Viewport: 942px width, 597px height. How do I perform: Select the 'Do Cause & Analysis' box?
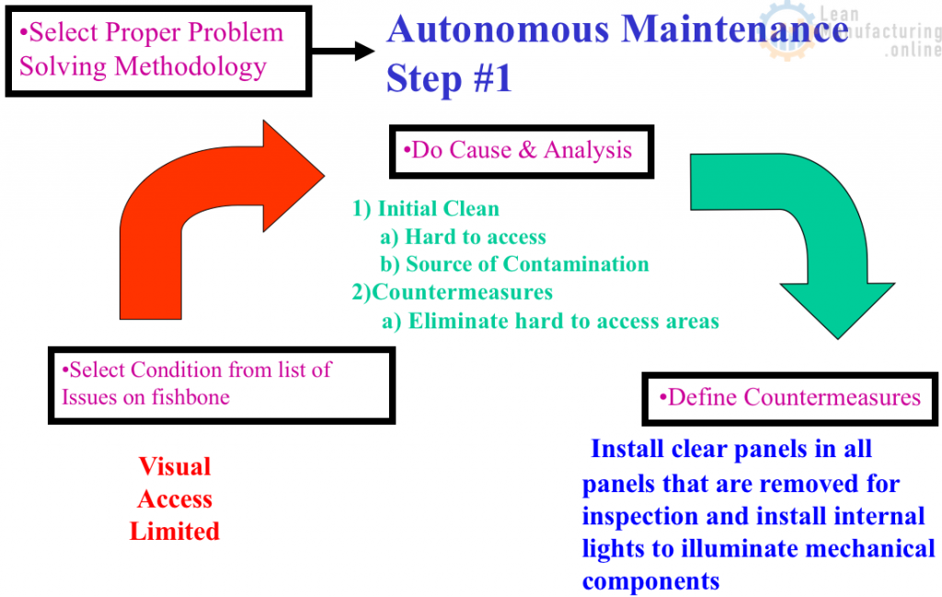click(521, 151)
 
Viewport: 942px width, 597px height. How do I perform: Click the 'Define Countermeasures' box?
click(789, 397)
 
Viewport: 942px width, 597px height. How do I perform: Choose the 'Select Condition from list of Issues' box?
click(221, 385)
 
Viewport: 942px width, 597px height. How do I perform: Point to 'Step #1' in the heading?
click(449, 79)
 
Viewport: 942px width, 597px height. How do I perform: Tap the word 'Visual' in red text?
click(175, 466)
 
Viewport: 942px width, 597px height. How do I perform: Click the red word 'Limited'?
click(175, 531)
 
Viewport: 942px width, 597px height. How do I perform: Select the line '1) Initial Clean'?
click(426, 209)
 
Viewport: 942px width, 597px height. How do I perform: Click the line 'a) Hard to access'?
click(463, 237)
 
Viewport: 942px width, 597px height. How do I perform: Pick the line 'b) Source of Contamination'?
click(514, 265)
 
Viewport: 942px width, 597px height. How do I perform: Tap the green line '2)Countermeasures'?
click(452, 293)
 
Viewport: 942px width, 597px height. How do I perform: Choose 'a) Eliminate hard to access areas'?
click(550, 321)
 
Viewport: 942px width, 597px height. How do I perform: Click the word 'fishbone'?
click(189, 397)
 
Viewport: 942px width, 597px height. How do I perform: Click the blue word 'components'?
click(650, 581)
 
